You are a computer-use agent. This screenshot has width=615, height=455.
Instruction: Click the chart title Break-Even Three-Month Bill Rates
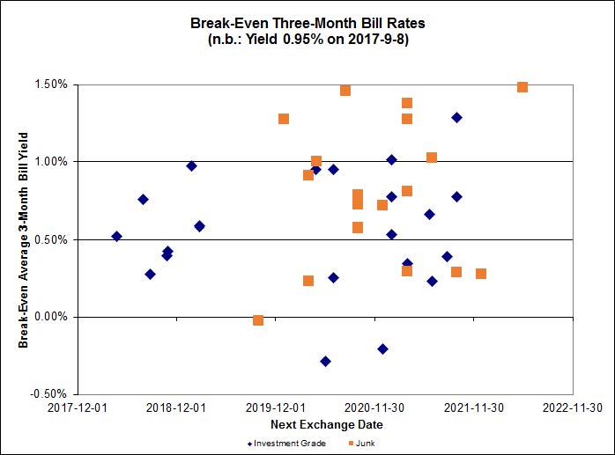pyautogui.click(x=307, y=22)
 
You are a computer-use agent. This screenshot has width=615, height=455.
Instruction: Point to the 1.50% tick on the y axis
pyautogui.click(x=51, y=84)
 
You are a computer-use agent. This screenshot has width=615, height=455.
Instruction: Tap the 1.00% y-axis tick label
pyautogui.click(x=51, y=162)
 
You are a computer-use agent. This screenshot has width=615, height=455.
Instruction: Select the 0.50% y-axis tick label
pyautogui.click(x=51, y=239)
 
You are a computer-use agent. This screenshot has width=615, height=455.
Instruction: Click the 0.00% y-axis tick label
pyautogui.click(x=51, y=317)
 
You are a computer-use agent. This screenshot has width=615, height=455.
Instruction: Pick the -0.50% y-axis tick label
pyautogui.click(x=50, y=393)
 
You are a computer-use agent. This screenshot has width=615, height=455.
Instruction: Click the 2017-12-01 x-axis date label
pyautogui.click(x=77, y=407)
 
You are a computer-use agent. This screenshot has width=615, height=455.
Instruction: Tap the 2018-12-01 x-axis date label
pyautogui.click(x=175, y=407)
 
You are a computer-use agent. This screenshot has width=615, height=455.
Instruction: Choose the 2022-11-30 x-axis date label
pyautogui.click(x=573, y=407)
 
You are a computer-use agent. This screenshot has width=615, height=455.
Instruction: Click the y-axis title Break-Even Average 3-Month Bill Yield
pyautogui.click(x=24, y=239)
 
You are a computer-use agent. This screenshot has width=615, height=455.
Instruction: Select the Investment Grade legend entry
pyautogui.click(x=286, y=443)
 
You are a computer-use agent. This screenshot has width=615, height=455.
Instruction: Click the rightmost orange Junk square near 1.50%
pyautogui.click(x=522, y=87)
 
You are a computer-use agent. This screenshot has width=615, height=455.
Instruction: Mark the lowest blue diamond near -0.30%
pyautogui.click(x=325, y=361)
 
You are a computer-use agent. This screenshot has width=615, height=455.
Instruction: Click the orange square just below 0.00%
pyautogui.click(x=258, y=320)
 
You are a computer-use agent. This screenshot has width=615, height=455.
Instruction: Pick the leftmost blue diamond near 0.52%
pyautogui.click(x=116, y=236)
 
